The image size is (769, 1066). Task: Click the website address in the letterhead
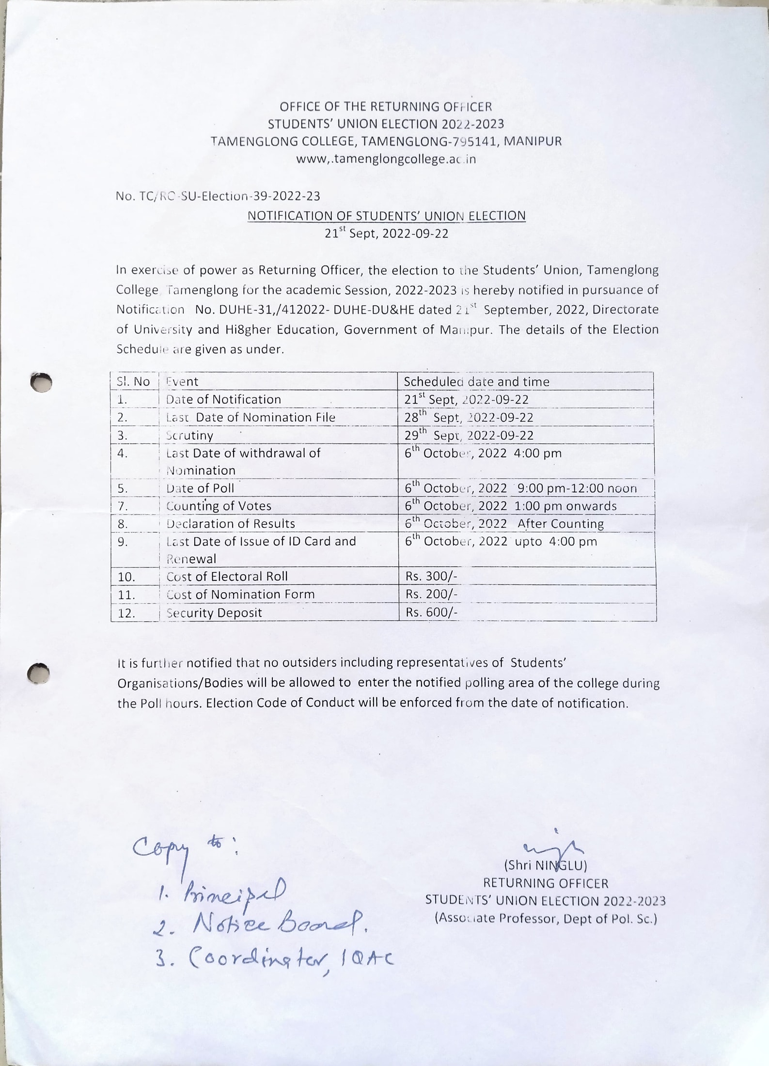[386, 159]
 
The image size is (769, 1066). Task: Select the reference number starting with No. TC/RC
[218, 196]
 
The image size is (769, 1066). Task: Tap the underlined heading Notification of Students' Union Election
[386, 216]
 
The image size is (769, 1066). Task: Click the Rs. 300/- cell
[431, 576]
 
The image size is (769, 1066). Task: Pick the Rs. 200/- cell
[431, 594]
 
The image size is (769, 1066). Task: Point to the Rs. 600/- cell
[431, 612]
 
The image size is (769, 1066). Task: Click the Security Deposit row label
[214, 613]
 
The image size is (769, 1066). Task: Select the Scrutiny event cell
[189, 435]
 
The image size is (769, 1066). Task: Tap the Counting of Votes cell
[219, 506]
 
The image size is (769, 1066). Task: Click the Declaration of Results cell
[231, 524]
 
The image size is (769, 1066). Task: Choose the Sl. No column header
[133, 382]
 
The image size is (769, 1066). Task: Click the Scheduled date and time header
[476, 382]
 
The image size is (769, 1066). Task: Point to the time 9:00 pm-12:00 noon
[577, 488]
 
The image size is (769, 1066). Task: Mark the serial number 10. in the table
[126, 577]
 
